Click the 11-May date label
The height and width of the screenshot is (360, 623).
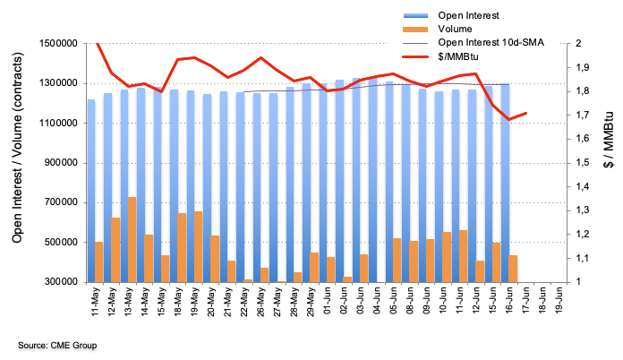pyautogui.click(x=94, y=303)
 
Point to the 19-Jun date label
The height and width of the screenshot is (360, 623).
pyautogui.click(x=557, y=303)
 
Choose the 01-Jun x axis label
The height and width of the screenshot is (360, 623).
pyautogui.click(x=327, y=303)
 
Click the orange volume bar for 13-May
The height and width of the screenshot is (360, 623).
pyautogui.click(x=132, y=239)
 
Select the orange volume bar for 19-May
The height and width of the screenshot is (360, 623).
pyautogui.click(x=198, y=246)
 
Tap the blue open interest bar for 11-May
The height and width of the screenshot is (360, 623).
pyautogui.click(x=91, y=190)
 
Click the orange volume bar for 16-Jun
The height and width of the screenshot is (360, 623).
pyautogui.click(x=512, y=268)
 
